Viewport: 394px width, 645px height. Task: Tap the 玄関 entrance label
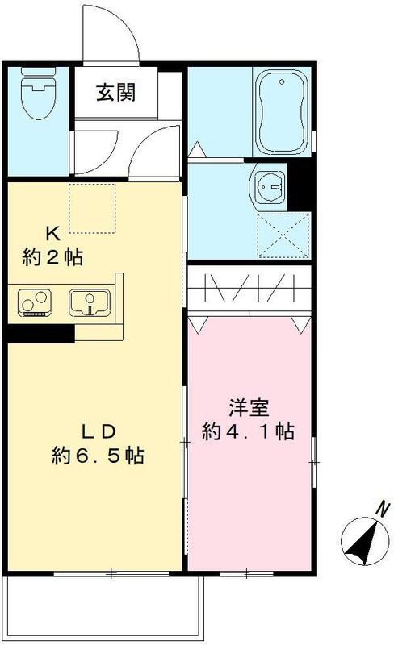point(116,92)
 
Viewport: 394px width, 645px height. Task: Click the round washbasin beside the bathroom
point(268,188)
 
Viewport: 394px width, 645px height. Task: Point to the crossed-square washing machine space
point(283,234)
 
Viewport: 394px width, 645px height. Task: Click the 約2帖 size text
point(52,258)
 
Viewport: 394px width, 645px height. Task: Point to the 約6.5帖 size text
point(98,456)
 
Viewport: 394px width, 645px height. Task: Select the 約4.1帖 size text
point(247,432)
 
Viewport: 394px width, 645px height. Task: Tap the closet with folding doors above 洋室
point(250,289)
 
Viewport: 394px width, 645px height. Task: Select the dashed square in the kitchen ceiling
point(94,207)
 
